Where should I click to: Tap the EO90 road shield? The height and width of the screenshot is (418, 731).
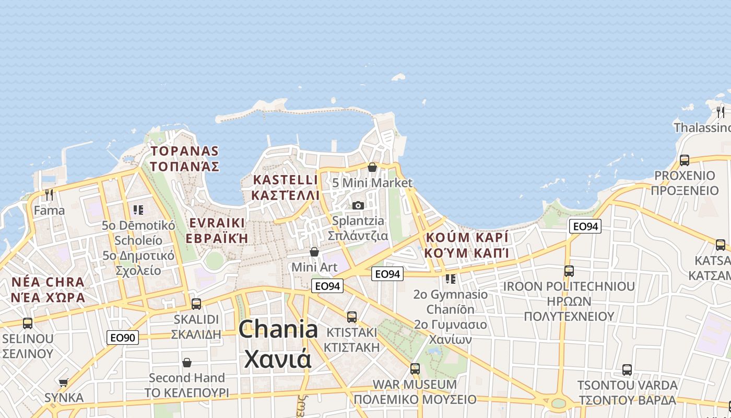click(123, 338)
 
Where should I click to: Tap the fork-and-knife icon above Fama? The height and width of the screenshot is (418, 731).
click(49, 195)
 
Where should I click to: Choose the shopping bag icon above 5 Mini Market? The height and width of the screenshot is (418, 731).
click(372, 167)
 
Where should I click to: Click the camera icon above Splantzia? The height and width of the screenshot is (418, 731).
click(358, 205)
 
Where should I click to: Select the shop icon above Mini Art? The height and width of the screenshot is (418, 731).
click(314, 252)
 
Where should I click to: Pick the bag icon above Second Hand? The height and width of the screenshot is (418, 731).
click(187, 362)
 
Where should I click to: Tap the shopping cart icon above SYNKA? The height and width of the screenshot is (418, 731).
click(64, 382)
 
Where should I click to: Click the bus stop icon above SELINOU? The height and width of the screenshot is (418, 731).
click(28, 323)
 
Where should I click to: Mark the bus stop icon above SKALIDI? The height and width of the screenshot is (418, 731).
click(196, 304)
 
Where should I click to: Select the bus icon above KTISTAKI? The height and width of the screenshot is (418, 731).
click(352, 317)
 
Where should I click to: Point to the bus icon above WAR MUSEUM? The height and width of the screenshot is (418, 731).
click(415, 368)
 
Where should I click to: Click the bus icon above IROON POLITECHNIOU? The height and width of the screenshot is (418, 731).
click(569, 271)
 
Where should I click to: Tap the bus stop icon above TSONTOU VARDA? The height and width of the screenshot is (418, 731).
click(627, 370)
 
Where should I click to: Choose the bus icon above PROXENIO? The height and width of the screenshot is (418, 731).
click(684, 160)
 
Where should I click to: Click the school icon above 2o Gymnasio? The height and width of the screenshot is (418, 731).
click(450, 278)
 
